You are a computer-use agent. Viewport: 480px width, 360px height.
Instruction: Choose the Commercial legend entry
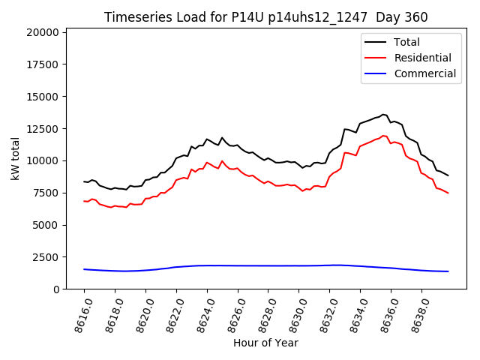(x=424, y=73)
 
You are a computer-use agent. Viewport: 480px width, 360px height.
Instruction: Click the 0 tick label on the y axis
(x=56, y=289)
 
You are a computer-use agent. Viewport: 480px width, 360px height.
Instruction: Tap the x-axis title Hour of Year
(x=265, y=343)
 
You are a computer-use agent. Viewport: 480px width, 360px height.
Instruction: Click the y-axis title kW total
(x=15, y=159)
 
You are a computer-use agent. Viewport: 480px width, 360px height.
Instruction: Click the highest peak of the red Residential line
(x=383, y=136)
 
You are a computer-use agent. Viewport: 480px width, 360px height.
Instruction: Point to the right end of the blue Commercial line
(x=448, y=271)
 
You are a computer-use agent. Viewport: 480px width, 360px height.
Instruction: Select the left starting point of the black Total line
(x=84, y=181)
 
